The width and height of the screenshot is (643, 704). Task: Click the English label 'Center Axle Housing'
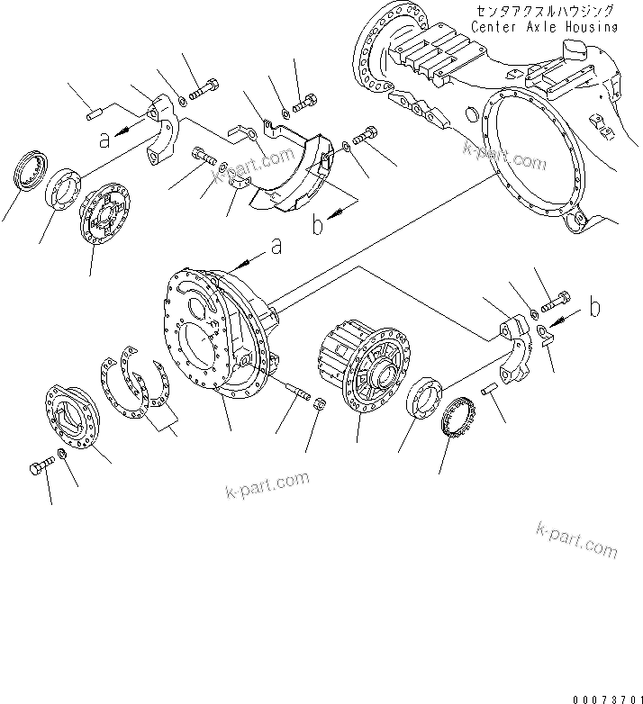coord(545,26)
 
